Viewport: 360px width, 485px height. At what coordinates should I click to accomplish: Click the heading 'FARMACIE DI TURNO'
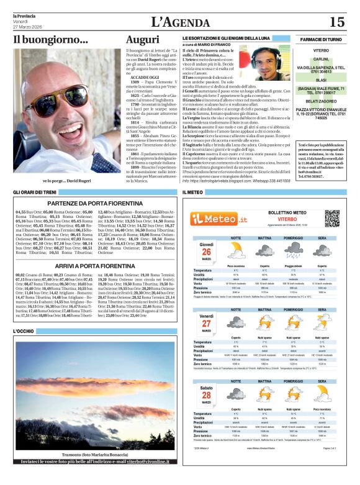tap(322, 39)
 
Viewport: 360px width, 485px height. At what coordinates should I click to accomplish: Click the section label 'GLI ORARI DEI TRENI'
tap(35, 193)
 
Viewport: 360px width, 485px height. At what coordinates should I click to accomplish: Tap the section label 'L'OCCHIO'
tap(25, 332)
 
